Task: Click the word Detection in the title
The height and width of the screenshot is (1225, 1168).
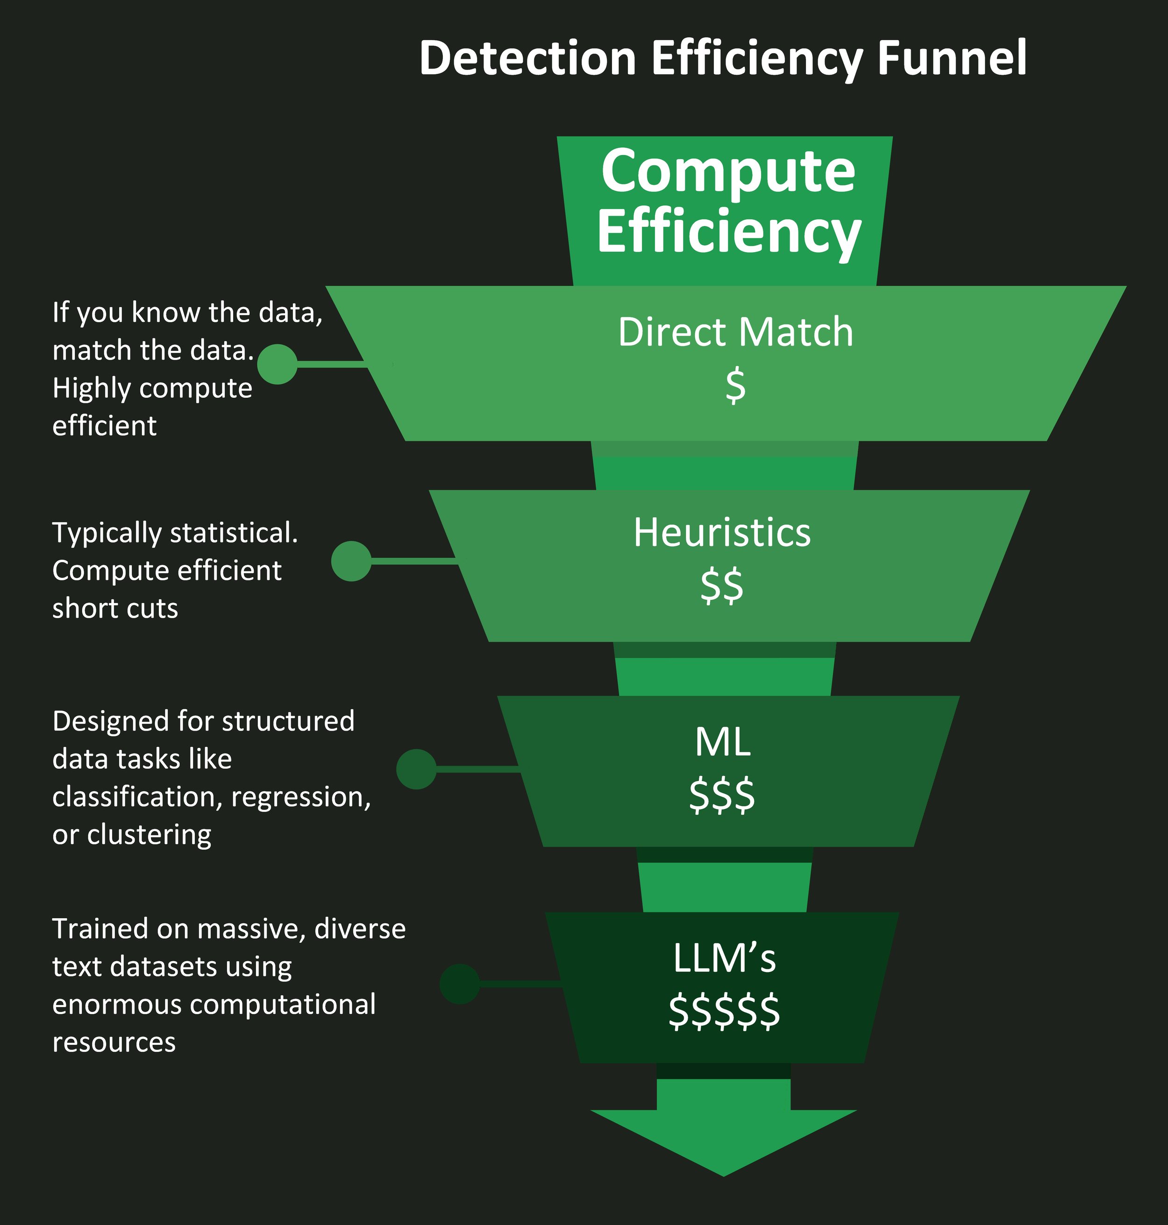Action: click(x=528, y=58)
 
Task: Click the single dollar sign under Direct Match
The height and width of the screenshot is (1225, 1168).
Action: click(x=735, y=385)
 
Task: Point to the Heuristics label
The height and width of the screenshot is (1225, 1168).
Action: click(x=722, y=533)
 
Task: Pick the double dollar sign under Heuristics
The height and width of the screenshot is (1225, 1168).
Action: click(x=722, y=585)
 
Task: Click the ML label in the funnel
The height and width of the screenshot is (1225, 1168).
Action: click(x=722, y=742)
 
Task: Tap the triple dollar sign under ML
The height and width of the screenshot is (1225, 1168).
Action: click(x=722, y=795)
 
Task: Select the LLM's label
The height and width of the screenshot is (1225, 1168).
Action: click(x=724, y=958)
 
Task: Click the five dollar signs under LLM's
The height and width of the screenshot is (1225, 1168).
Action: click(x=724, y=1012)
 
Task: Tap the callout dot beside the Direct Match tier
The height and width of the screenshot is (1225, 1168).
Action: click(x=277, y=365)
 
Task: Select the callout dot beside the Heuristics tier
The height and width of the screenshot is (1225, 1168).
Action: click(x=351, y=561)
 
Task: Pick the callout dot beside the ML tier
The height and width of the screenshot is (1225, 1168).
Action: click(x=416, y=769)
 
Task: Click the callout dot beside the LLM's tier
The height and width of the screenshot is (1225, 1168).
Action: click(x=459, y=984)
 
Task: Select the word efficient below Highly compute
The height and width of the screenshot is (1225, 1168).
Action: click(x=104, y=426)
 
